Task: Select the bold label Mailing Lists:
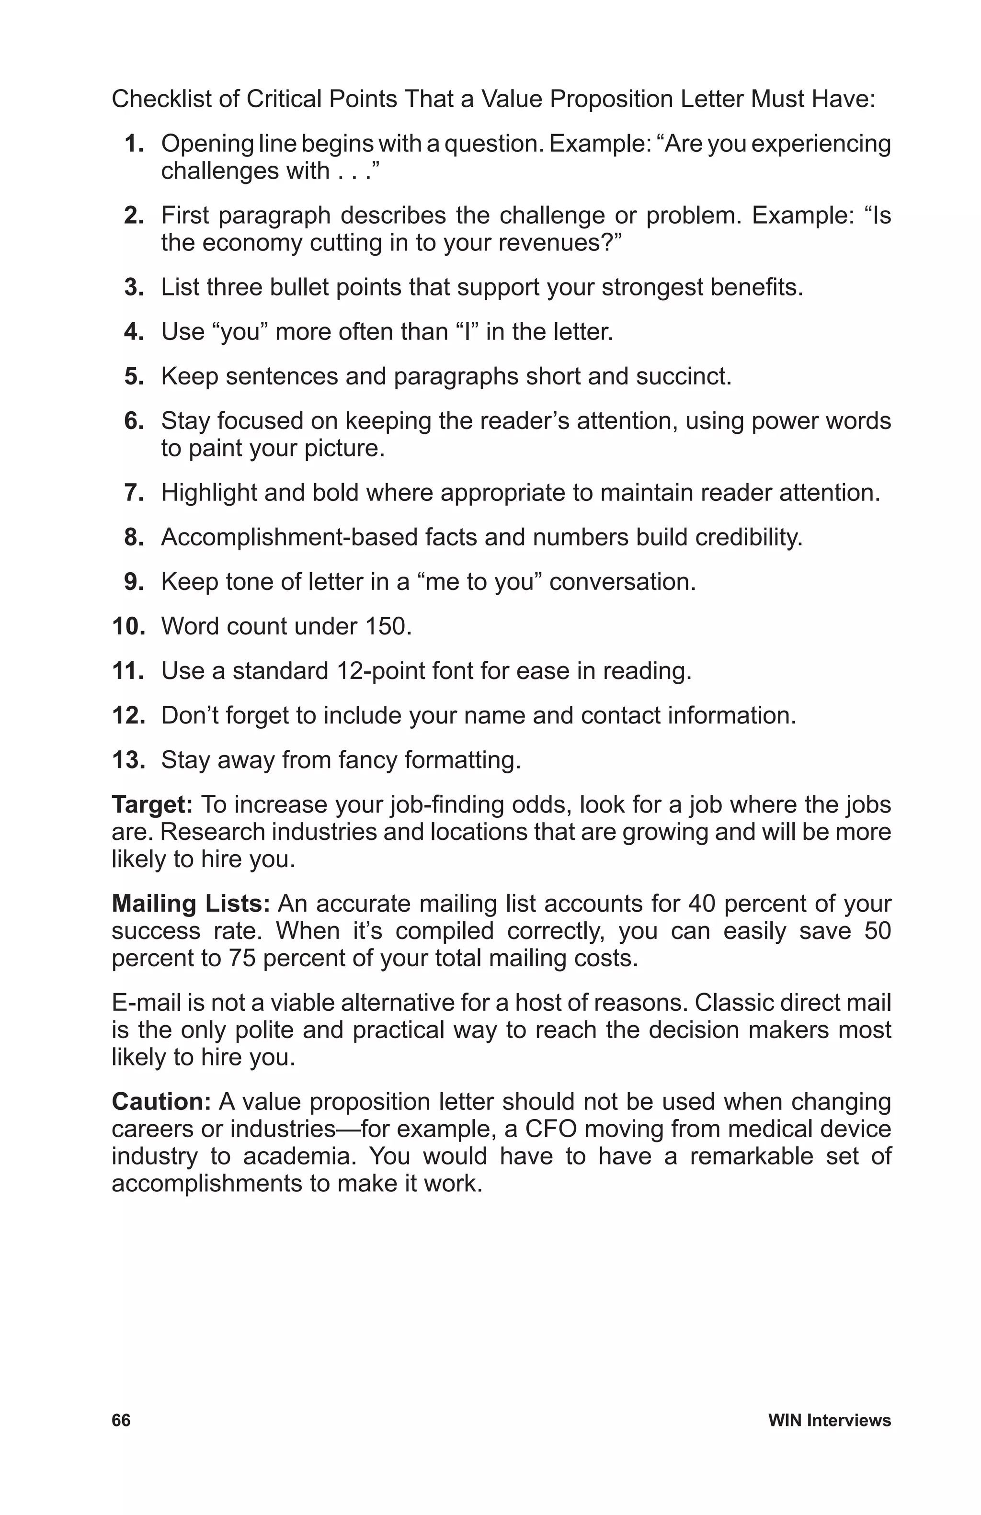(192, 903)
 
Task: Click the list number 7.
(134, 493)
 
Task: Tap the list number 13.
(128, 760)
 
